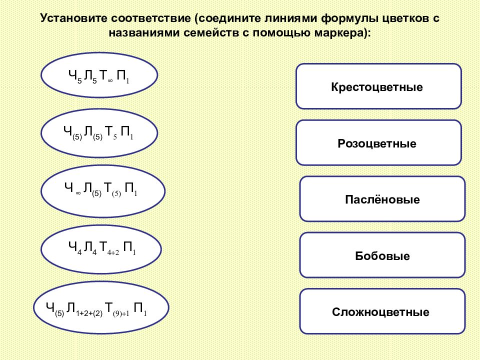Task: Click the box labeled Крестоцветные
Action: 378,86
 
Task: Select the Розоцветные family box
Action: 378,142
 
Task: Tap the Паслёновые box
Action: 382,199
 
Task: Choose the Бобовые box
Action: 382,255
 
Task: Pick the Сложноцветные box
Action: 382,311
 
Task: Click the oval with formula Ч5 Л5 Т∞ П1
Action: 99,75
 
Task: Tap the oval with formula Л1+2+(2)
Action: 101,307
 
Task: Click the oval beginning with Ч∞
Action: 103,191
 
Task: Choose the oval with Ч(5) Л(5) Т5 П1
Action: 99,133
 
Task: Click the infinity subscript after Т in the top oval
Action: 110,81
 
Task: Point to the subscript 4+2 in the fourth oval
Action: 113,253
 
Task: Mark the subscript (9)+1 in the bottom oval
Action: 121,314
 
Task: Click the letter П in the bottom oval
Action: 138,307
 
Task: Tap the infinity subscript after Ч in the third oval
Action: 78,193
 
